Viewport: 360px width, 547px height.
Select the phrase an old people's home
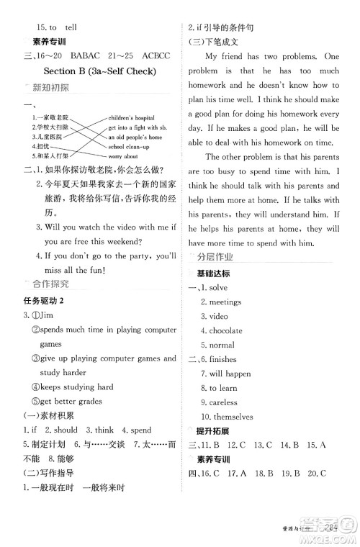point(135,136)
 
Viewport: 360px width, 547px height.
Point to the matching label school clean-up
point(129,145)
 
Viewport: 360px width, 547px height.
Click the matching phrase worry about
point(123,155)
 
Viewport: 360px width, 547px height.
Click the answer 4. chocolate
point(225,331)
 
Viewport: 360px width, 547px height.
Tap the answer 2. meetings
point(225,302)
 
